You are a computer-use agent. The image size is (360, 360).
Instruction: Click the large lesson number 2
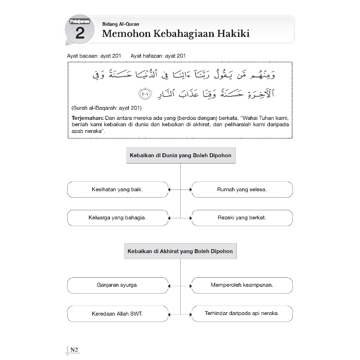click(x=80, y=33)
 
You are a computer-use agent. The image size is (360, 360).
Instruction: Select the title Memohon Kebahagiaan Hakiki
click(x=176, y=34)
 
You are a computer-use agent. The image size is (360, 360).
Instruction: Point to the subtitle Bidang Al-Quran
click(x=121, y=24)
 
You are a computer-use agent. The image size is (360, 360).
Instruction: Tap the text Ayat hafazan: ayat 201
click(x=158, y=56)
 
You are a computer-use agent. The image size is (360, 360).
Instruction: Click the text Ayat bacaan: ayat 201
click(x=94, y=56)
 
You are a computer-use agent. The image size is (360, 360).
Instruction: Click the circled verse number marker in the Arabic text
click(x=144, y=95)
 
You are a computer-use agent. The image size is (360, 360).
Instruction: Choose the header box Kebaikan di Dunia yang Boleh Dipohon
click(x=181, y=155)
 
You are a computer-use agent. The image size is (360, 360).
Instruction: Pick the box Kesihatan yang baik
click(x=117, y=189)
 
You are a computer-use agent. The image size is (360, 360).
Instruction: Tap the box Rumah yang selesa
click(x=242, y=189)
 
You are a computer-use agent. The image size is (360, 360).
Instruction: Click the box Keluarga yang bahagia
click(x=117, y=218)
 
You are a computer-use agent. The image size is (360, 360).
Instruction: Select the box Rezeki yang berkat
click(x=242, y=218)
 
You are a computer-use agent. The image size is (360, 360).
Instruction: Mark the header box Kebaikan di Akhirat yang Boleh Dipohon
click(x=180, y=251)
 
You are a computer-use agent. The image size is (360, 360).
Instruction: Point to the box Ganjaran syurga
click(x=117, y=285)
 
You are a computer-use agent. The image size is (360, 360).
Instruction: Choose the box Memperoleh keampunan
click(x=242, y=285)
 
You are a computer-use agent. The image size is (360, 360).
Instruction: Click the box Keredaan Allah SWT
click(x=117, y=314)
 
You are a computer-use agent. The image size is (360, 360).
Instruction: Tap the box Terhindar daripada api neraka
click(x=242, y=314)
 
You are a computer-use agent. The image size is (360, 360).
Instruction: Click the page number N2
click(x=74, y=349)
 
